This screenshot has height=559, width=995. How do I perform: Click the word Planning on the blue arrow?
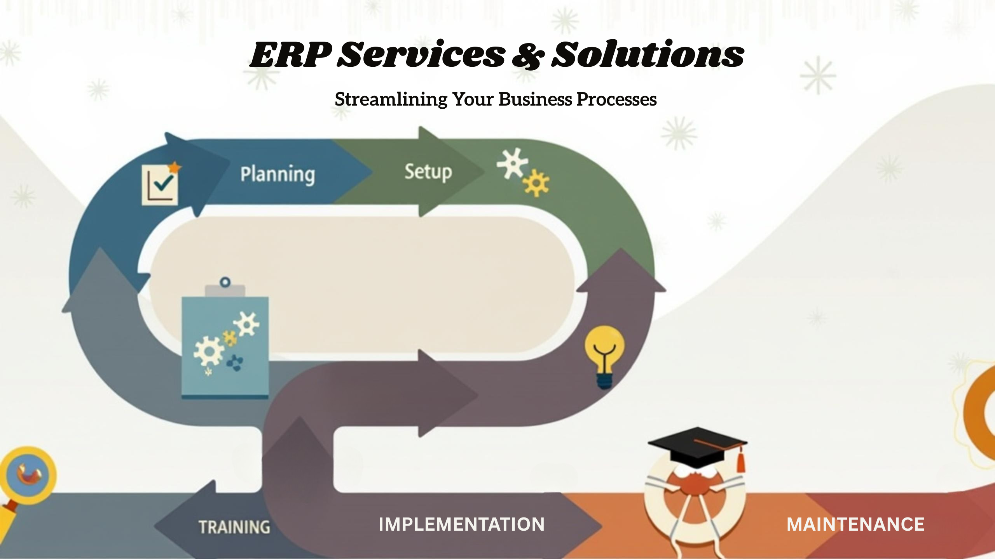tap(278, 175)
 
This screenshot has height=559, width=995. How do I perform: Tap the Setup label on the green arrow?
tap(428, 172)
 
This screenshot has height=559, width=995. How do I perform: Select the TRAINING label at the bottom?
tap(234, 527)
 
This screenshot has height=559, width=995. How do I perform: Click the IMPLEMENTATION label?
tap(462, 524)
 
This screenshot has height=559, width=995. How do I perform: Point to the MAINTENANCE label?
tap(855, 524)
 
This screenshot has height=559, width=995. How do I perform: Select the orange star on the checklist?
tap(175, 168)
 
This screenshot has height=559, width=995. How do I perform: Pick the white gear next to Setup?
tap(513, 163)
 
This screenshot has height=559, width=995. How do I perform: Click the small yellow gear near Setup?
tap(536, 182)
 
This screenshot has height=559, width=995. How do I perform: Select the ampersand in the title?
tap(528, 56)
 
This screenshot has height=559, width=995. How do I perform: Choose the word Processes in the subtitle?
tap(617, 99)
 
